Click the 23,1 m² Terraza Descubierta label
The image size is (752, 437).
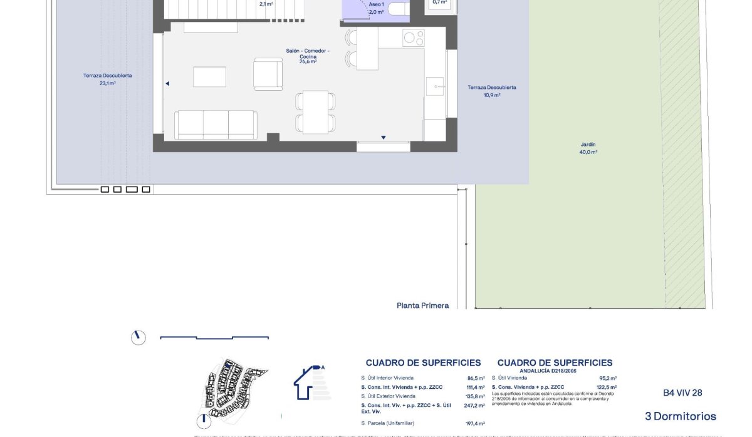click(x=107, y=79)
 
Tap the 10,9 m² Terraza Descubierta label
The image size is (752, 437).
click(x=492, y=91)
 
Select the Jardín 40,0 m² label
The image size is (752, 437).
click(x=588, y=148)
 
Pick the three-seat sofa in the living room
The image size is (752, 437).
click(x=216, y=125)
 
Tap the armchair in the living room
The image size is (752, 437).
click(x=268, y=74)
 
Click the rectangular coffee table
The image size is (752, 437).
click(x=209, y=77)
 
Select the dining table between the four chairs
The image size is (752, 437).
click(x=315, y=111)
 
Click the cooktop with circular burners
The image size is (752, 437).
click(x=414, y=38)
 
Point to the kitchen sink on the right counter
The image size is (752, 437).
click(x=435, y=86)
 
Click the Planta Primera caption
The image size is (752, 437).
click(x=422, y=306)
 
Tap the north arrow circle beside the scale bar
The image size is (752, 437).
click(x=138, y=337)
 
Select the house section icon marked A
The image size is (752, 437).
click(x=311, y=383)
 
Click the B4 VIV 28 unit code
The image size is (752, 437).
click(x=682, y=393)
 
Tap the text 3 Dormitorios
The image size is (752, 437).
click(x=680, y=416)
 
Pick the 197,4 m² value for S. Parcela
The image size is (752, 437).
click(x=475, y=423)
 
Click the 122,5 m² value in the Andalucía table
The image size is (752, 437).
click(x=607, y=387)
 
